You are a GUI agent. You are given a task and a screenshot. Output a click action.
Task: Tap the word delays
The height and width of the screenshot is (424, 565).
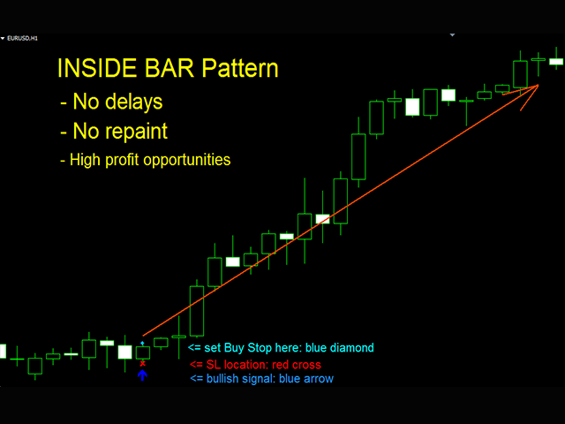coord(131,102)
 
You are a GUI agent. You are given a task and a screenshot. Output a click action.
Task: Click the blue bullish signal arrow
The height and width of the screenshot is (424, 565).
coord(142,375)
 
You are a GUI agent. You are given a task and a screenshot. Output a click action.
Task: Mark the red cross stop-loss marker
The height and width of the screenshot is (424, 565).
coord(142,363)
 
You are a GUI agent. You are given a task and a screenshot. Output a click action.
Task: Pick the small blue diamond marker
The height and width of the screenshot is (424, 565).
coord(142,341)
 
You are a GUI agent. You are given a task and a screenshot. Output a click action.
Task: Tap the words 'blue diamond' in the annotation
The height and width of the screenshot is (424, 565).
coord(340,348)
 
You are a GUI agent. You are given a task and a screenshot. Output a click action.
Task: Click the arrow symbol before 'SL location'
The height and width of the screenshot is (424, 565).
coord(195,364)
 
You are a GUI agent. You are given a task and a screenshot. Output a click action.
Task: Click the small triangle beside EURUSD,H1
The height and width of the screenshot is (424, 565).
coord(4,39)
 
